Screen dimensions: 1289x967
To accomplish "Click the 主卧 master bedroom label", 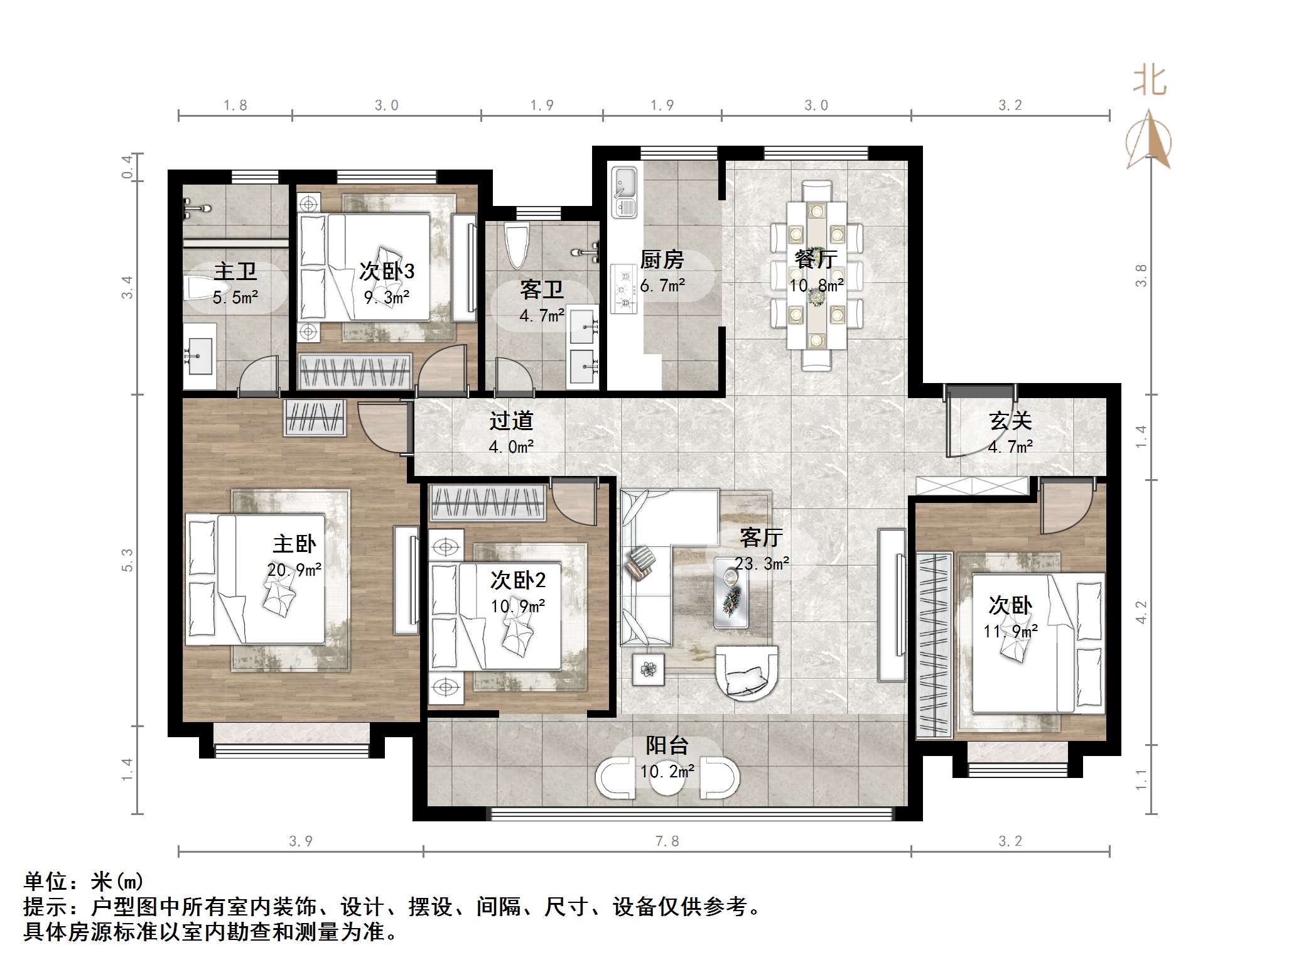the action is pos(294,544).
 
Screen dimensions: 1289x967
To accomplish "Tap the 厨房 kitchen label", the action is pos(662,259).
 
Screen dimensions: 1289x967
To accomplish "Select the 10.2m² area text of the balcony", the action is pos(667,771).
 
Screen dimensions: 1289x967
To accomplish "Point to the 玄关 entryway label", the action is pos(1010,421).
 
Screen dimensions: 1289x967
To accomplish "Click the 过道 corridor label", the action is pos(511,421).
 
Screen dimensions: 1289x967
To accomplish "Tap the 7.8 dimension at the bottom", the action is pos(667,841).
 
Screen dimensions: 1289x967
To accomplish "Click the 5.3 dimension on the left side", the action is pos(127,560).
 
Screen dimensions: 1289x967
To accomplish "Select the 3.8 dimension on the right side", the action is pos(1141,276).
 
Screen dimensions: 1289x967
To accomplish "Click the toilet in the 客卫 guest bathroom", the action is pos(517,246).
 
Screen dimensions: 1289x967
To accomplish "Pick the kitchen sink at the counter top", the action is pos(624,192).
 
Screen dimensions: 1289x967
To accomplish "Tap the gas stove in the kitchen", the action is pos(624,289).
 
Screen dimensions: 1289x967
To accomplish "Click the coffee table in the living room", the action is pos(731,592).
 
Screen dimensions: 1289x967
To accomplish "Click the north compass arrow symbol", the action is pos(1148,139).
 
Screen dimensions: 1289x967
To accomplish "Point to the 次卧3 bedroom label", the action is pos(387,271).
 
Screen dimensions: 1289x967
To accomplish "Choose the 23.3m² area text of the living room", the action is pos(762,563).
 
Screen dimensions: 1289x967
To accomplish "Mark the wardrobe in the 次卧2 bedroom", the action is pos(487,502).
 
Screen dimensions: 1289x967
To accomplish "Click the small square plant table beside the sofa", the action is pos(648,669).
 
